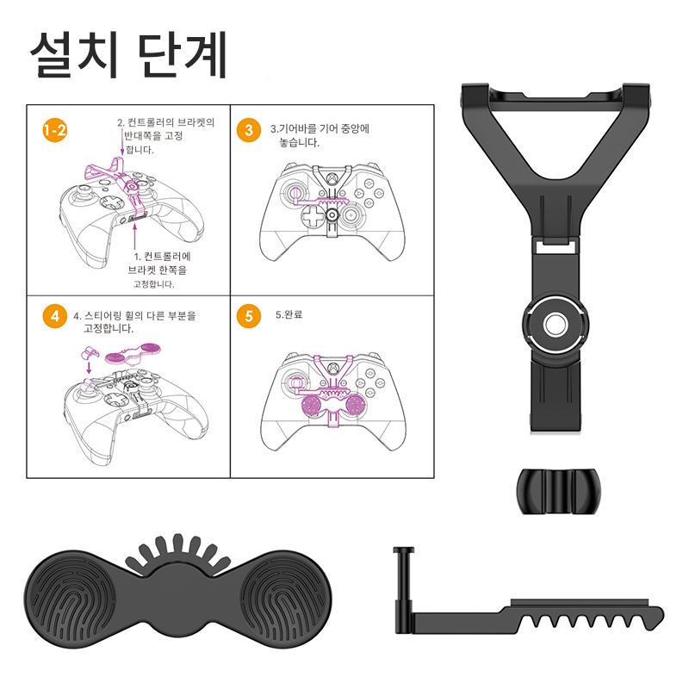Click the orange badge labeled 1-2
pyautogui.click(x=55, y=130)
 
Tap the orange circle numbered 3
pyautogui.click(x=249, y=130)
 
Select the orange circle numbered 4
pyautogui.click(x=55, y=316)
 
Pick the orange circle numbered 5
pyautogui.click(x=249, y=316)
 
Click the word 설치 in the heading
pyautogui.click(x=74, y=55)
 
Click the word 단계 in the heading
pyautogui.click(x=182, y=55)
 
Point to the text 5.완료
pyautogui.click(x=289, y=314)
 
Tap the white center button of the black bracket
pyautogui.click(x=556, y=326)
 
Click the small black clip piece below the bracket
pyautogui.click(x=557, y=491)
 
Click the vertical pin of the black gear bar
pyautogui.click(x=403, y=590)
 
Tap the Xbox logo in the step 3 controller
pyautogui.click(x=332, y=179)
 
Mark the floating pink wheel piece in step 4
pyautogui.click(x=133, y=354)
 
